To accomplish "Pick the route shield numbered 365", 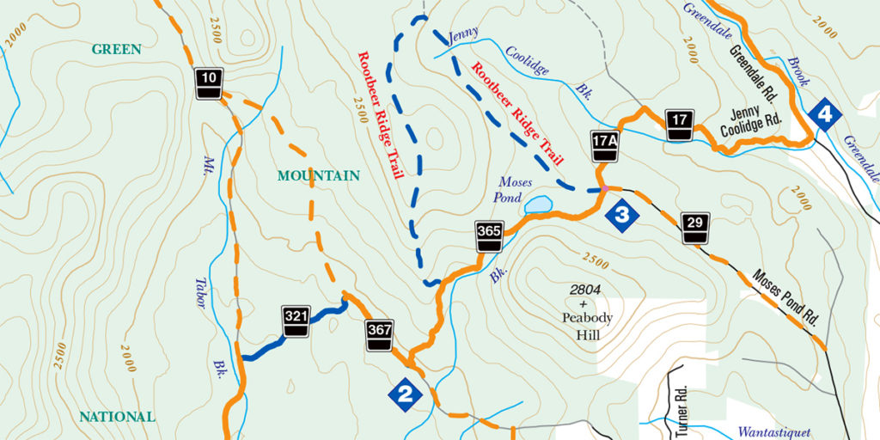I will click(x=488, y=236).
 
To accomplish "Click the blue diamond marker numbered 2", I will click(x=405, y=394).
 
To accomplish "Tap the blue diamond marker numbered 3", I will click(x=622, y=213).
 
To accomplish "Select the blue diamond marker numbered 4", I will click(x=825, y=113).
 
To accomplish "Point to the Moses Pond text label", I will click(x=515, y=189).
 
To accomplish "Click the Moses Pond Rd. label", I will click(x=786, y=298).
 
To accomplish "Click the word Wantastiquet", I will click(x=773, y=432).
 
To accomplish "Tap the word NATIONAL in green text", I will click(x=117, y=417).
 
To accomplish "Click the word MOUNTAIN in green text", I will click(x=318, y=176).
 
